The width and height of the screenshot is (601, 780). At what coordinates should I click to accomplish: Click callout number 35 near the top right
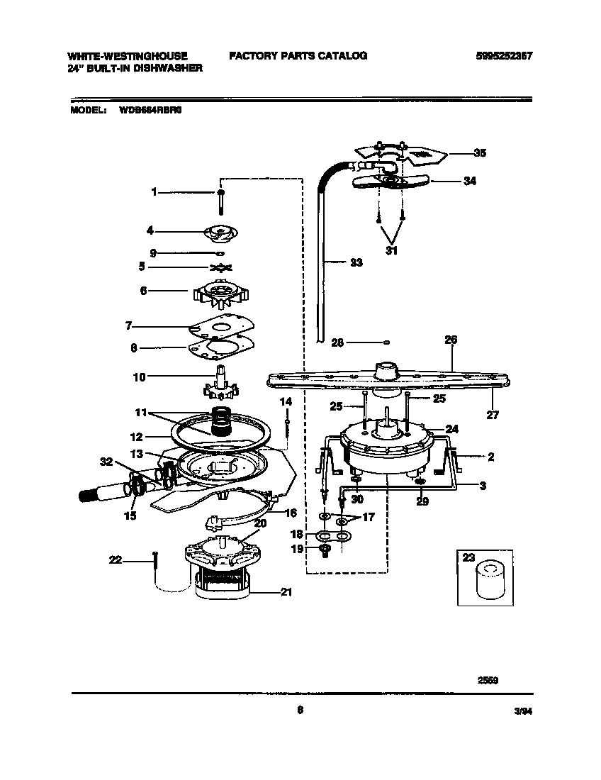[461, 152]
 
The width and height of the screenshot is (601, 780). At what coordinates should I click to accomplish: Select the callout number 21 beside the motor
[286, 592]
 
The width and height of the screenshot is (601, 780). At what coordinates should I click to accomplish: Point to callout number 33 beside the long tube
[356, 262]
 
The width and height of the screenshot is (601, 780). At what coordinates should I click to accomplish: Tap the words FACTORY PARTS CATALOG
[298, 55]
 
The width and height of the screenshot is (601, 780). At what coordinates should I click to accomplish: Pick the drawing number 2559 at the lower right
[488, 679]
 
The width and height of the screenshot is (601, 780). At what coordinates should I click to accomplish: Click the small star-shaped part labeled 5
[222, 267]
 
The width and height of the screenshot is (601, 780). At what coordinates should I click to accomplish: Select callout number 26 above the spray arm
[451, 340]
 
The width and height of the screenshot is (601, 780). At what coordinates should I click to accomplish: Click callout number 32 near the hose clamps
[107, 462]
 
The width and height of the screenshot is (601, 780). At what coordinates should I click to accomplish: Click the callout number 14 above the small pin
[286, 401]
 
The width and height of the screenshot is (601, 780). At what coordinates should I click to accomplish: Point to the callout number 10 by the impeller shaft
[140, 377]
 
